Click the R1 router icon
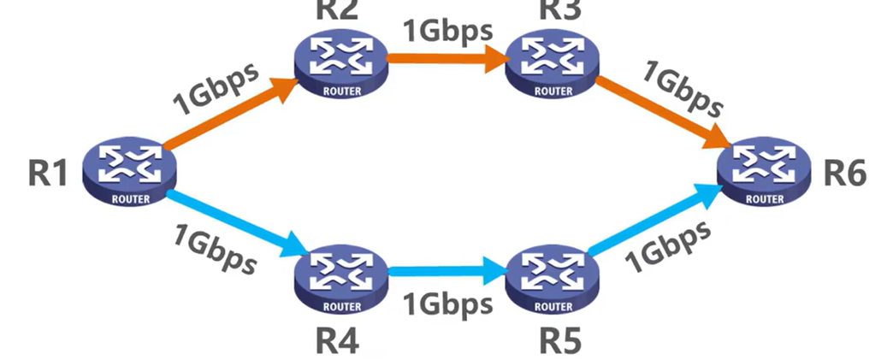130,172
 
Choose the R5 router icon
549,279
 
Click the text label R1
47,174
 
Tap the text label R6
845,174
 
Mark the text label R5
560,341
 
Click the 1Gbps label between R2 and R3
448,29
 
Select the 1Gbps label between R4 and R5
448,304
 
